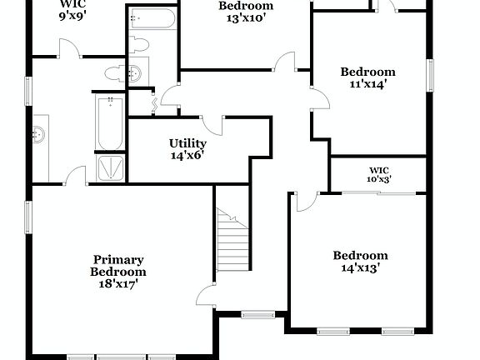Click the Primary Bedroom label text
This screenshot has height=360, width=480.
coord(118,266)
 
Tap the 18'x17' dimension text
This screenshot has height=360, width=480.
coord(118,283)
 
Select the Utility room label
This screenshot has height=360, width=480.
coord(187,143)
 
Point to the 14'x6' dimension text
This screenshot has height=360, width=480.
coord(187,155)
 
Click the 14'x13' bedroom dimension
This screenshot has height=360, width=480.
coord(361,267)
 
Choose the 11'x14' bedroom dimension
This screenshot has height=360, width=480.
coord(367,83)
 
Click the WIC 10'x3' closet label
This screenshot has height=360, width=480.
coord(379,174)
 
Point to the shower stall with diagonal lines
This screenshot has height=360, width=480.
coord(110,167)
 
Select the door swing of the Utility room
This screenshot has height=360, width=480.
coord(215,125)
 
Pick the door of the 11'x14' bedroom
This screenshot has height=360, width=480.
coord(317,101)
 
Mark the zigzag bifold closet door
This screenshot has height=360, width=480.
coord(155,105)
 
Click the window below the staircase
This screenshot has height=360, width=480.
coord(257,314)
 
